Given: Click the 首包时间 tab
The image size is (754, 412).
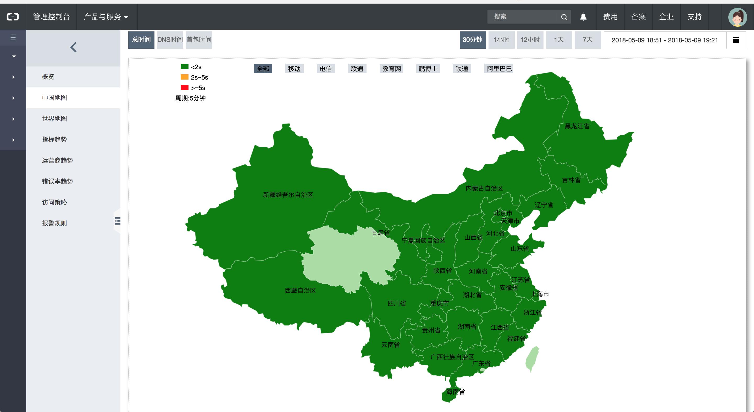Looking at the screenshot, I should pyautogui.click(x=199, y=40).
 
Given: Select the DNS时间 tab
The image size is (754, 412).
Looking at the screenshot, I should pyautogui.click(x=170, y=40).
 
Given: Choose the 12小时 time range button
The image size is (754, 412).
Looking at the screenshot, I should pyautogui.click(x=530, y=40).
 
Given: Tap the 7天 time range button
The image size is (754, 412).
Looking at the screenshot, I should pyautogui.click(x=587, y=40).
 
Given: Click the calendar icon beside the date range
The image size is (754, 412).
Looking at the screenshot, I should pyautogui.click(x=736, y=40).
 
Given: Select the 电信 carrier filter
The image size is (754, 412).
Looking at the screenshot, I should pyautogui.click(x=325, y=69).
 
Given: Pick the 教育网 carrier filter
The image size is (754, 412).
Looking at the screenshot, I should pyautogui.click(x=391, y=69).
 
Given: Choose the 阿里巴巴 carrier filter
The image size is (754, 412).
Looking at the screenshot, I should pyautogui.click(x=499, y=69).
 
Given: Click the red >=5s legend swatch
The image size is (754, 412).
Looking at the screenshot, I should pyautogui.click(x=184, y=87).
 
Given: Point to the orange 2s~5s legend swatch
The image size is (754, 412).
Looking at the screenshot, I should pyautogui.click(x=184, y=77).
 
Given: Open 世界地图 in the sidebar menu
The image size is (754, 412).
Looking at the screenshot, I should pyautogui.click(x=54, y=119).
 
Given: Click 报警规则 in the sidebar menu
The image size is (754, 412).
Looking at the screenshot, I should pyautogui.click(x=54, y=223).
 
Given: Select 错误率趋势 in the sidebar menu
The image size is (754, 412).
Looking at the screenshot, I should pyautogui.click(x=57, y=181).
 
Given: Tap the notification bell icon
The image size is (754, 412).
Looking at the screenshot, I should pyautogui.click(x=583, y=17).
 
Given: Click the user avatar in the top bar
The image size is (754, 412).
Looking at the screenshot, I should pyautogui.click(x=737, y=17).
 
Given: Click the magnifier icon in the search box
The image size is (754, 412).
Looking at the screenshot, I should pyautogui.click(x=564, y=17).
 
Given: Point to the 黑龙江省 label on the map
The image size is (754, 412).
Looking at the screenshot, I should pyautogui.click(x=577, y=126).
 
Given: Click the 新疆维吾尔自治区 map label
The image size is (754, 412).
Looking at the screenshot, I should pyautogui.click(x=288, y=194).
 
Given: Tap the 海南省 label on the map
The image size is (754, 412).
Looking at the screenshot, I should pyautogui.click(x=455, y=392).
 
